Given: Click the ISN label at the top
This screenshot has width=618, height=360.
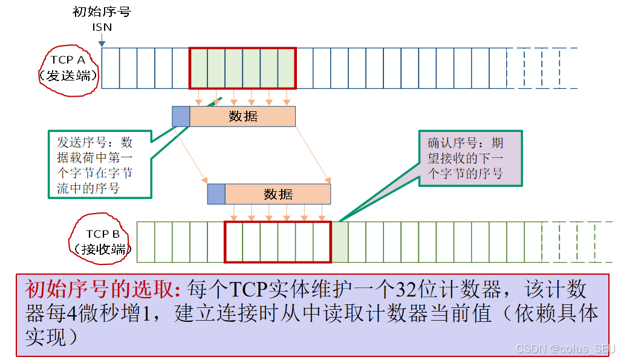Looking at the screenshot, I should coord(102,27).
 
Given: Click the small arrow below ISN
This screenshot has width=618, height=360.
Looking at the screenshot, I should coord(102,41).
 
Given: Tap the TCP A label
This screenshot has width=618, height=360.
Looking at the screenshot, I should coord(68,60).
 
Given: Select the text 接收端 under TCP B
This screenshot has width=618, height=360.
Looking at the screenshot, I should coord(102,249).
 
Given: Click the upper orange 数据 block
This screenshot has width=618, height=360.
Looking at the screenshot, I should coord(242,117).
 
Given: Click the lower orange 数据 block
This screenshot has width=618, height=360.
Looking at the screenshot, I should coord(278,194).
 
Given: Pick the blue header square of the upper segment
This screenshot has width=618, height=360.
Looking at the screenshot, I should coord(181,117).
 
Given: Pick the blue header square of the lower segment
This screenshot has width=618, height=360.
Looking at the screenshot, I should coord(216,194).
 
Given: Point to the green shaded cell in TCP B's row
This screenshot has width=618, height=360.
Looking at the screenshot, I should coord(340,242).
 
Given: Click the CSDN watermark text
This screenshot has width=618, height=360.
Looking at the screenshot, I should coord(565,349).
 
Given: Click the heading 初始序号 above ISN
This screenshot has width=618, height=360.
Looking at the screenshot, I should coord(102,12).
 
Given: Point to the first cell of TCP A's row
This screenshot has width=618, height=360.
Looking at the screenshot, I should coord(111,68).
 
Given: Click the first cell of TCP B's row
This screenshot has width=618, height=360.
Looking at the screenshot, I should coord(146,242).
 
